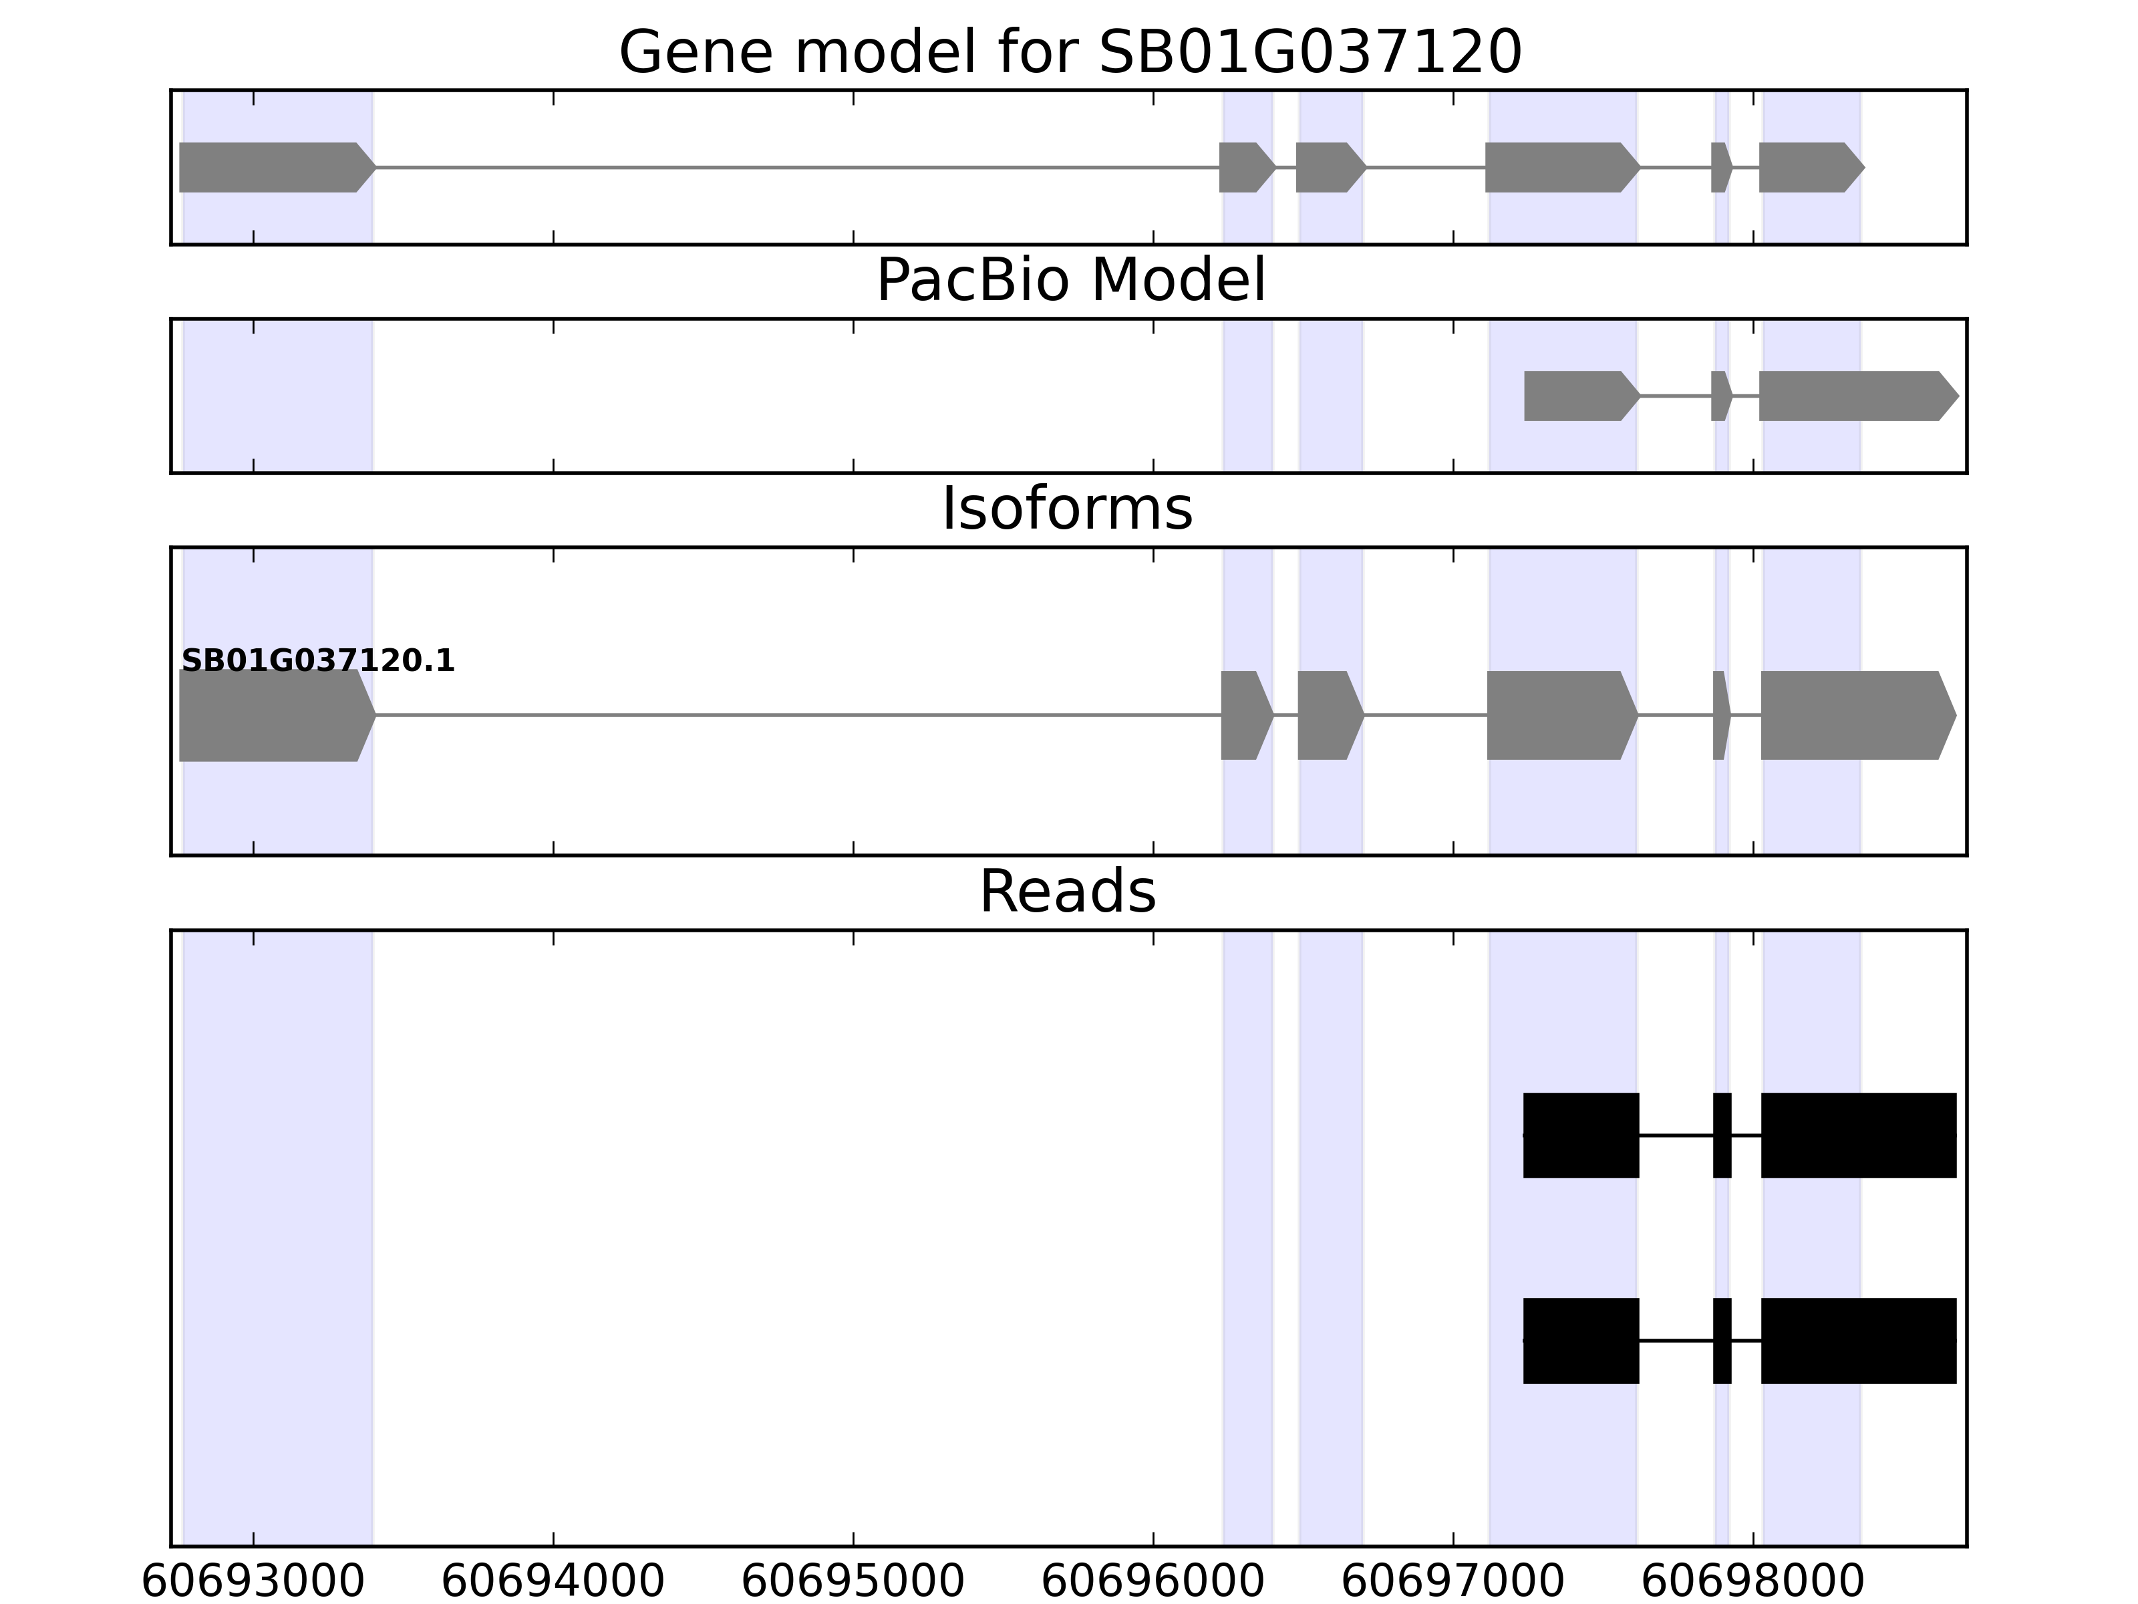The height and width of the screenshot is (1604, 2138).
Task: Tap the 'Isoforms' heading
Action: (1067, 509)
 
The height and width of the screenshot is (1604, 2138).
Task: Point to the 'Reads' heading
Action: (1067, 892)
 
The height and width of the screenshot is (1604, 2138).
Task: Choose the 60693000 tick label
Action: (253, 1583)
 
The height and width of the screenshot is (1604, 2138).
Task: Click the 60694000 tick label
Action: (553, 1583)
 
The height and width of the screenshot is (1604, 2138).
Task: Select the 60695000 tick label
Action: (853, 1583)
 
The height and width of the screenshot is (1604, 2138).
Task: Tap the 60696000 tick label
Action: (1152, 1583)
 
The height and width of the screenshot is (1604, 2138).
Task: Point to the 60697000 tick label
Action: (1453, 1583)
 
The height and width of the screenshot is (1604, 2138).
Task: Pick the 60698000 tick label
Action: (1752, 1583)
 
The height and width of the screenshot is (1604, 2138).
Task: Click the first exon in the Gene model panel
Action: (271, 167)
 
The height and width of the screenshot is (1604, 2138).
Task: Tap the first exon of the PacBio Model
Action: (1577, 396)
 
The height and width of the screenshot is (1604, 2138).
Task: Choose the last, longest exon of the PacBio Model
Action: (1851, 396)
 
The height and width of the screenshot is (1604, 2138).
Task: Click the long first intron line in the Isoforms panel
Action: (797, 716)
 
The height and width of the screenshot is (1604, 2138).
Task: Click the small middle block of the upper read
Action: (1721, 1135)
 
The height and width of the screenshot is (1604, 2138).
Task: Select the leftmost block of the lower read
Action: (1580, 1340)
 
